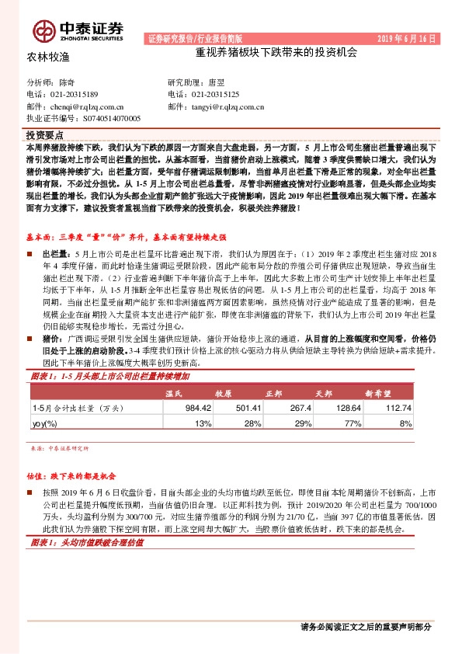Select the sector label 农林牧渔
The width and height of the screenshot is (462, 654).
pyautogui.click(x=49, y=57)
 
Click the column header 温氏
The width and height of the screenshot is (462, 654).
pyautogui.click(x=178, y=394)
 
